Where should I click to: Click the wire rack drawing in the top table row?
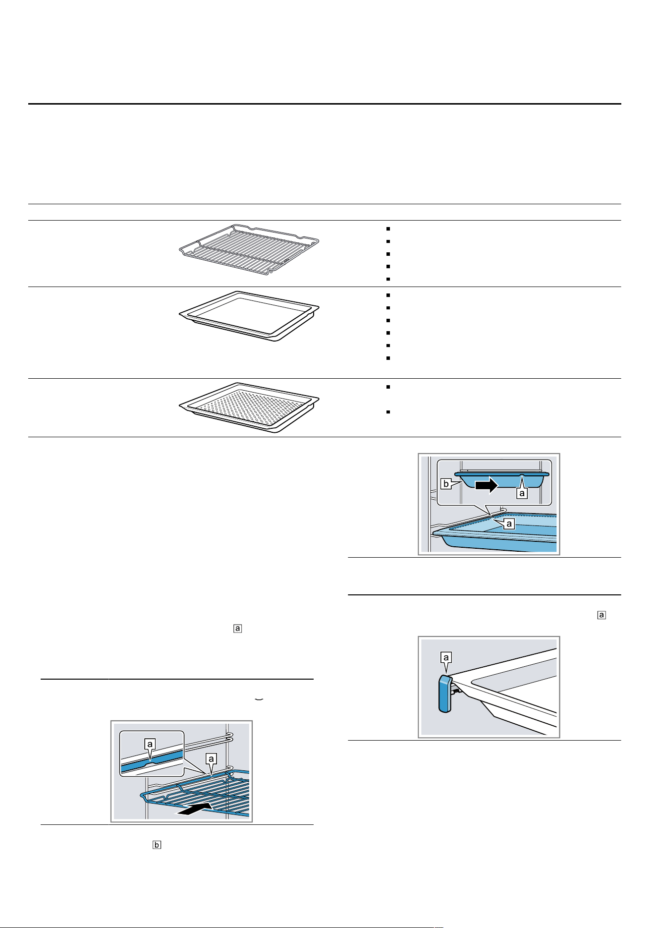coord(249,249)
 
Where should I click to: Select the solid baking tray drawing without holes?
coord(249,316)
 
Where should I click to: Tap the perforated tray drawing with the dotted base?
coord(249,407)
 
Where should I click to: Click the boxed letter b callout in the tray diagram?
coord(446,484)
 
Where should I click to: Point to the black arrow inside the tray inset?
coord(487,485)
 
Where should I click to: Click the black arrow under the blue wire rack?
coord(196,810)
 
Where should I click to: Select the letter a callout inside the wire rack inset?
coord(150,744)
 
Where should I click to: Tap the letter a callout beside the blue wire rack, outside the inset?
coord(211,759)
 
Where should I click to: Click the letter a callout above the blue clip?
coord(446,658)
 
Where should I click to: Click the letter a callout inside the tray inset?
coord(522,493)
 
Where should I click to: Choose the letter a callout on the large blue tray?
coord(509,523)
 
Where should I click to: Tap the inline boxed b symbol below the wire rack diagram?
coord(157,845)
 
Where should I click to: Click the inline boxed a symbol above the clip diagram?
coord(601,615)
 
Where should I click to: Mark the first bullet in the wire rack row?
coord(388,229)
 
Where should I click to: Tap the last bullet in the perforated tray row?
coord(388,412)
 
